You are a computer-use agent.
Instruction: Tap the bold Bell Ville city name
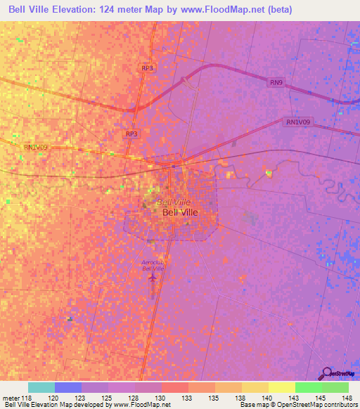[x=180, y=212]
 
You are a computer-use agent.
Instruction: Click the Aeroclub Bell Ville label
[x=153, y=265]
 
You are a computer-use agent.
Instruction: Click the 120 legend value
[x=53, y=398]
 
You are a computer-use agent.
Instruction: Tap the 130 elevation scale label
[x=161, y=398]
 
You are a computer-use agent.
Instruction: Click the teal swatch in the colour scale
[x=41, y=387]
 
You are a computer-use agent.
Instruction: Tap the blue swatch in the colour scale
[x=67, y=387]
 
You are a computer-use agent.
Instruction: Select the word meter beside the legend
[x=11, y=398]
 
